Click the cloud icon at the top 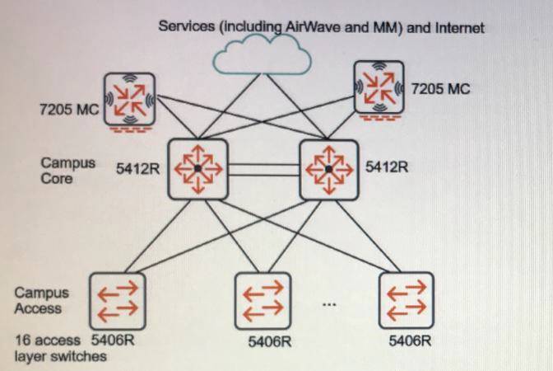tap(261, 56)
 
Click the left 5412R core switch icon tap(197, 168)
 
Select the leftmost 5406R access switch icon tap(117, 301)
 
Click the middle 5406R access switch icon tap(263, 301)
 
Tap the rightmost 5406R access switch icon tap(406, 301)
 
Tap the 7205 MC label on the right tap(440, 88)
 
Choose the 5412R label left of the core tap(137, 168)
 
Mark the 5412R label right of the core tap(386, 167)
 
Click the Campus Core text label tap(63, 170)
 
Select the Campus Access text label tap(42, 301)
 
